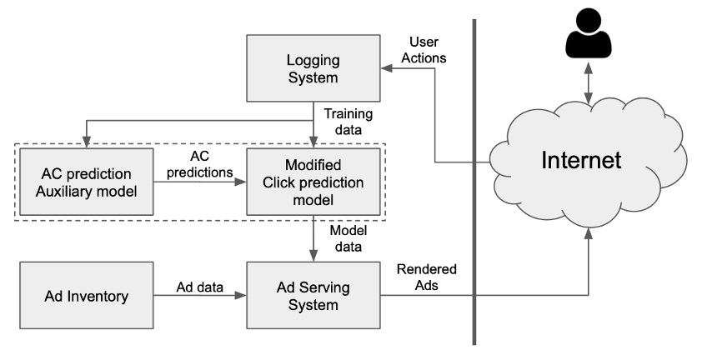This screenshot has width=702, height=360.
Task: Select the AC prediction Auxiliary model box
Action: (x=87, y=182)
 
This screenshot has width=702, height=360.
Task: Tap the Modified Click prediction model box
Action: (x=313, y=182)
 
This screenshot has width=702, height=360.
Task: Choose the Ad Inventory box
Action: (x=87, y=295)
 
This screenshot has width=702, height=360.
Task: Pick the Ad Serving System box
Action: (x=313, y=295)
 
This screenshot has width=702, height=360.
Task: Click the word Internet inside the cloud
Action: (x=582, y=160)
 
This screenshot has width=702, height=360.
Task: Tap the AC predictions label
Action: (x=199, y=163)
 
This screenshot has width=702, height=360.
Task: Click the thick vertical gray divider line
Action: (x=474, y=179)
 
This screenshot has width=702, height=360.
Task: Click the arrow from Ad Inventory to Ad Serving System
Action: (x=200, y=296)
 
